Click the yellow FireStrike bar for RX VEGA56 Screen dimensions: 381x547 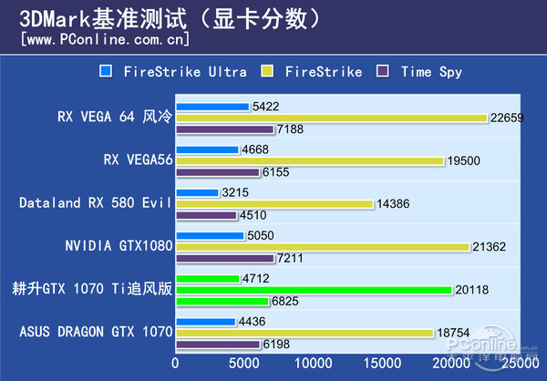click(309, 160)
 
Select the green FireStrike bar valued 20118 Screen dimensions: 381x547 click(314, 290)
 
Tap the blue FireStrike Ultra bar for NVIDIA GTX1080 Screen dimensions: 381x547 click(210, 235)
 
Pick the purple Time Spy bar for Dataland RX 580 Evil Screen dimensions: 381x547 click(206, 216)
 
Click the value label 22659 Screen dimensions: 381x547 click(506, 118)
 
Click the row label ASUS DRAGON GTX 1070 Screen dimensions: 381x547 click(95, 334)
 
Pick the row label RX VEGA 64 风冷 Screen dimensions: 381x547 click(114, 117)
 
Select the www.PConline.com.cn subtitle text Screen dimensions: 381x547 click(105, 39)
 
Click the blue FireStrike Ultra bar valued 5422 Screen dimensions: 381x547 click(212, 107)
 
